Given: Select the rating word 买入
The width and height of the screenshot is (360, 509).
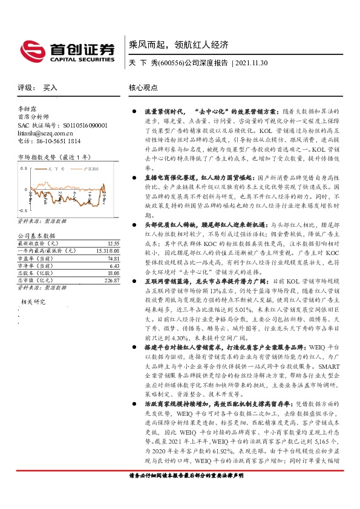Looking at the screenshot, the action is click(x=51, y=88).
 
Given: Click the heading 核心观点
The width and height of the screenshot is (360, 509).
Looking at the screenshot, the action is click(x=143, y=88).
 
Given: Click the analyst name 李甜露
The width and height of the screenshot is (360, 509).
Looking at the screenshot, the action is click(x=27, y=109).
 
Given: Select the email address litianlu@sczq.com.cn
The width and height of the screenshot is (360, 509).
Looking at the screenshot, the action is click(x=46, y=132).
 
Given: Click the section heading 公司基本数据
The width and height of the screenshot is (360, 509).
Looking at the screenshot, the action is click(x=36, y=235).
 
